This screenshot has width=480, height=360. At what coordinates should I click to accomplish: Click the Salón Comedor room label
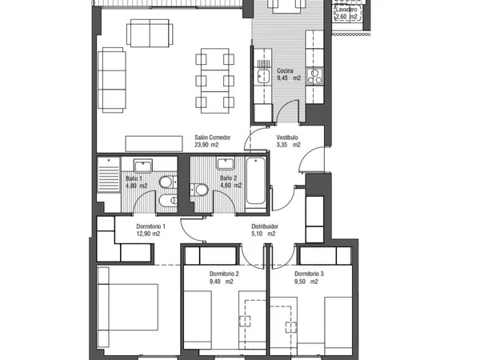[x=213, y=138]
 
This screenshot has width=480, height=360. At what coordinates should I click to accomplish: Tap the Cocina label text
[x=285, y=70]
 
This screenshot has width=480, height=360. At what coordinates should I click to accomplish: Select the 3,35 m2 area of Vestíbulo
[x=288, y=145]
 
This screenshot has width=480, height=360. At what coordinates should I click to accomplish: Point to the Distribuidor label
[x=265, y=226]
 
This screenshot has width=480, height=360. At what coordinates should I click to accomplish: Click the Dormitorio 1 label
[x=150, y=226]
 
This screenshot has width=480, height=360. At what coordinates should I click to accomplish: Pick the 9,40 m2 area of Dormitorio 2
[x=221, y=282]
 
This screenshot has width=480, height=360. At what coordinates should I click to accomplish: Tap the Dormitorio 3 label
[x=309, y=274]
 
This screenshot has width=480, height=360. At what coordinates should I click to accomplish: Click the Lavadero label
[x=346, y=10]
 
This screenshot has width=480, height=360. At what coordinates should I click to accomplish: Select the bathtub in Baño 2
[x=255, y=181]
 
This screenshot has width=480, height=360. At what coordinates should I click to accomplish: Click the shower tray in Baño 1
[x=109, y=175]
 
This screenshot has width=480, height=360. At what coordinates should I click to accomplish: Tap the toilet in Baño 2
[x=199, y=190]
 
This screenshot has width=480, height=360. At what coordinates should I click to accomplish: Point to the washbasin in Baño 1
[x=143, y=166]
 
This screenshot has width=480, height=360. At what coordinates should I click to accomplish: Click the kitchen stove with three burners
[x=314, y=76]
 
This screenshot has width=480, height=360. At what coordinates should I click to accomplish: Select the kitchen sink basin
[x=262, y=76]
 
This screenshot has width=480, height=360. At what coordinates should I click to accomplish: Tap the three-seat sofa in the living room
[x=112, y=80]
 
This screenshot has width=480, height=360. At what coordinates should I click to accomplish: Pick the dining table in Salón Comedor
[x=215, y=81]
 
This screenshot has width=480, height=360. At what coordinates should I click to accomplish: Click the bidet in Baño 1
[x=168, y=201]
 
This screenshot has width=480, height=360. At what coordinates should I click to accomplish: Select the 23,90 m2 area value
[x=206, y=145]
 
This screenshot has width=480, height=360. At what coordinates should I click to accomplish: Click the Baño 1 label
[x=134, y=178]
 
